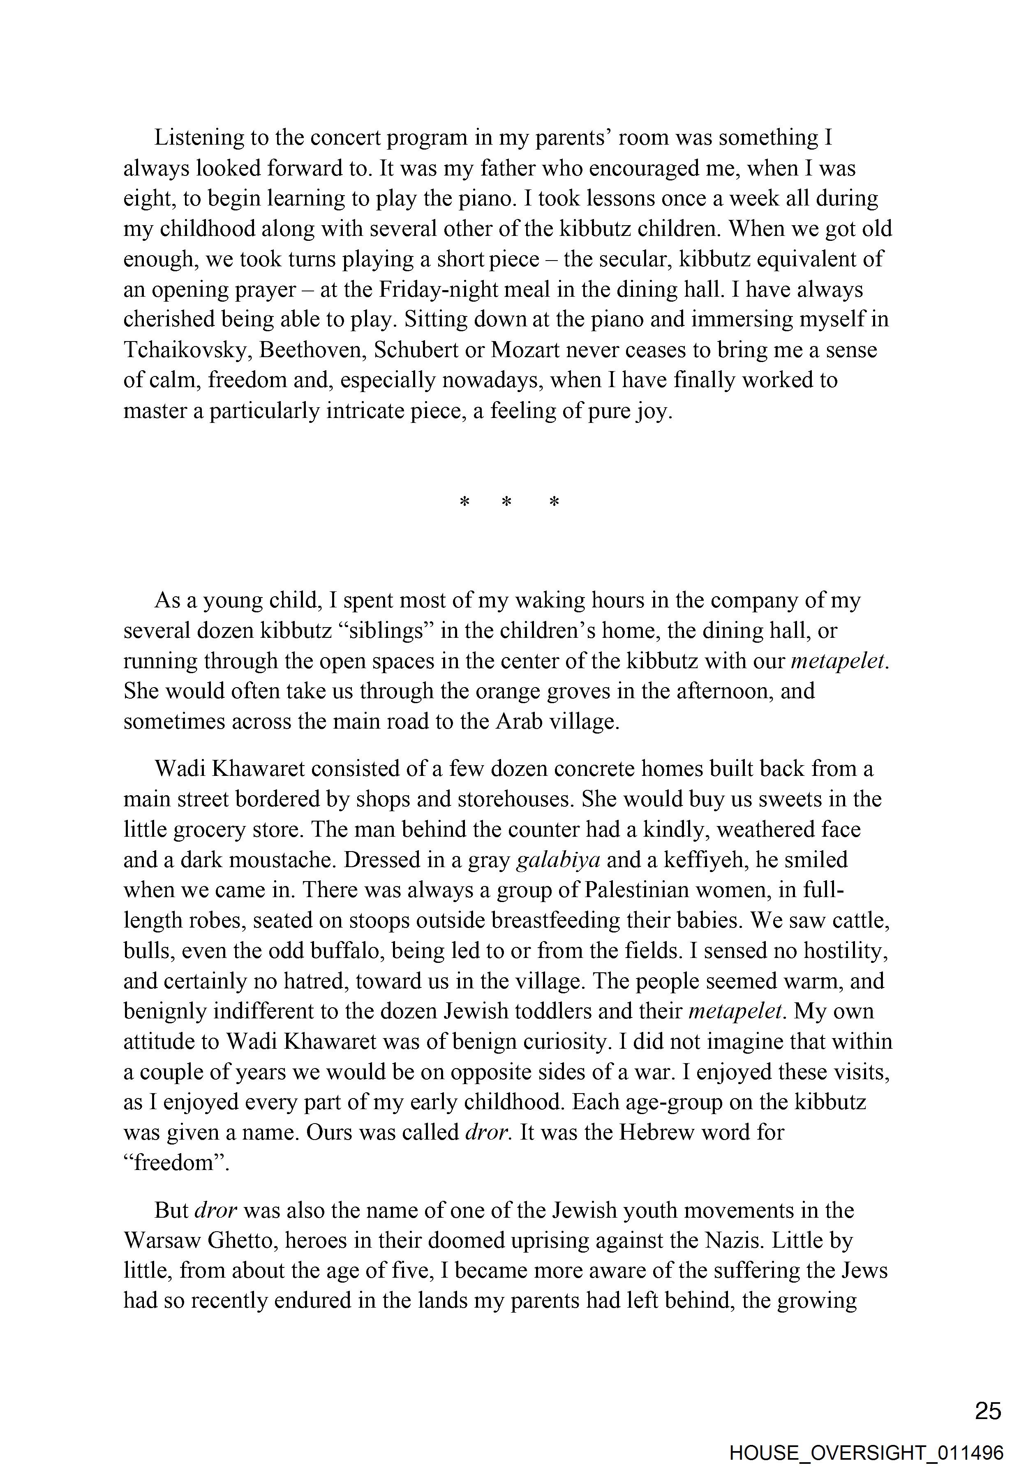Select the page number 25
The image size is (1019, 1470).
pos(988,1411)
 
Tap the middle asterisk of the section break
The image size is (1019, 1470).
pos(506,502)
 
